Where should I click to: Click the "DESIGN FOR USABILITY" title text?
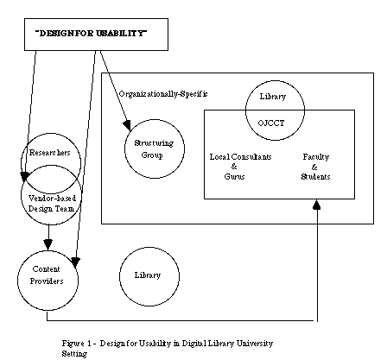pyautogui.click(x=91, y=33)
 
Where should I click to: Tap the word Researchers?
pyautogui.click(x=49, y=152)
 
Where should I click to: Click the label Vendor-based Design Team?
pyautogui.click(x=52, y=204)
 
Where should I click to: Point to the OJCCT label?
pyautogui.click(x=271, y=123)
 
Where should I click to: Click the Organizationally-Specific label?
pyautogui.click(x=163, y=94)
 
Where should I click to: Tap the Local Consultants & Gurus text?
pyautogui.click(x=240, y=167)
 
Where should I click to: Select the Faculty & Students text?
pyautogui.click(x=315, y=167)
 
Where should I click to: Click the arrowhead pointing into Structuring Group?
pyautogui.click(x=127, y=125)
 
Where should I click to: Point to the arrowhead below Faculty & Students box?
pyautogui.click(x=317, y=205)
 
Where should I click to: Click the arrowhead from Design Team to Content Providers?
pyautogui.click(x=48, y=244)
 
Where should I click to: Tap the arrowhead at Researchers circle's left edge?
pyautogui.click(x=24, y=176)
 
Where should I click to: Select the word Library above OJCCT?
pyautogui.click(x=273, y=97)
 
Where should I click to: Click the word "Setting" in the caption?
pyautogui.click(x=74, y=354)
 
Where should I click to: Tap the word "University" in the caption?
pyautogui.click(x=255, y=344)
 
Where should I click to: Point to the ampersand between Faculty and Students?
pyautogui.click(x=314, y=167)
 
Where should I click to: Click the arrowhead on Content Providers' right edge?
pyautogui.click(x=75, y=262)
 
